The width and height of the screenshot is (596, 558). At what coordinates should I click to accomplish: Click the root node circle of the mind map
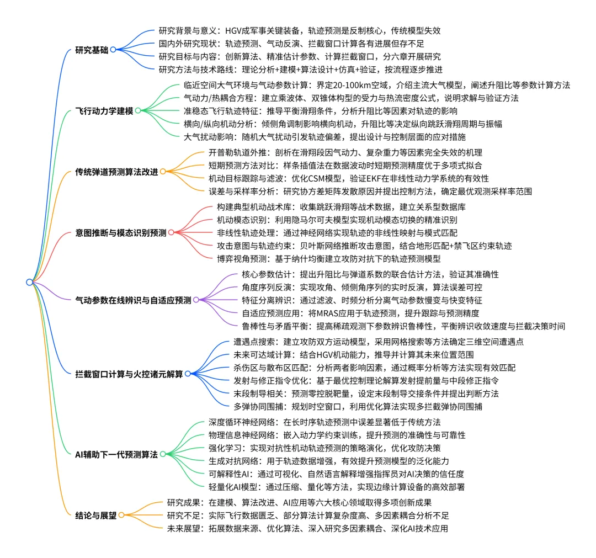pyautogui.click(x=29, y=282)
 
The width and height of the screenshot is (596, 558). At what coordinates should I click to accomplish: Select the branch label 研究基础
pyautogui.click(x=91, y=50)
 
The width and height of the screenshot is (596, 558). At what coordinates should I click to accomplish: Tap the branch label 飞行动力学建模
pyautogui.click(x=104, y=110)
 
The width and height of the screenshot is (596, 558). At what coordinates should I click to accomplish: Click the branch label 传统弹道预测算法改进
pyautogui.click(x=116, y=172)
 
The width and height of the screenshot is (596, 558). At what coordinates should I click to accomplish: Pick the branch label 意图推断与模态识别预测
pyautogui.click(x=121, y=233)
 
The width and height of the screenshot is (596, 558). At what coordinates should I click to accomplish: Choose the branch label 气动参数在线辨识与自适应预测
pyautogui.click(x=133, y=300)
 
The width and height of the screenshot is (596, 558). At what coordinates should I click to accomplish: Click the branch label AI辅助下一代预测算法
pyautogui.click(x=116, y=455)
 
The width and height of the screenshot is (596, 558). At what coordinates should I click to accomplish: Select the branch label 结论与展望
pyautogui.click(x=95, y=516)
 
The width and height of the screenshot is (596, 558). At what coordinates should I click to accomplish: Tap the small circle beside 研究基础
pyautogui.click(x=113, y=50)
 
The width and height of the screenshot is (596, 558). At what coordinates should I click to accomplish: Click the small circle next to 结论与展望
pyautogui.click(x=121, y=516)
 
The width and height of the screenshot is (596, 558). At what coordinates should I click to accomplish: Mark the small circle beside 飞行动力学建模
pyautogui.click(x=138, y=110)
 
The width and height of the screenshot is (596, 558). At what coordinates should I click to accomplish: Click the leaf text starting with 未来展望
pyautogui.click(x=307, y=528)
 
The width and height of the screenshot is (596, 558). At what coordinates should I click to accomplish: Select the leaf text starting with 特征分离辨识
pyautogui.click(x=361, y=300)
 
